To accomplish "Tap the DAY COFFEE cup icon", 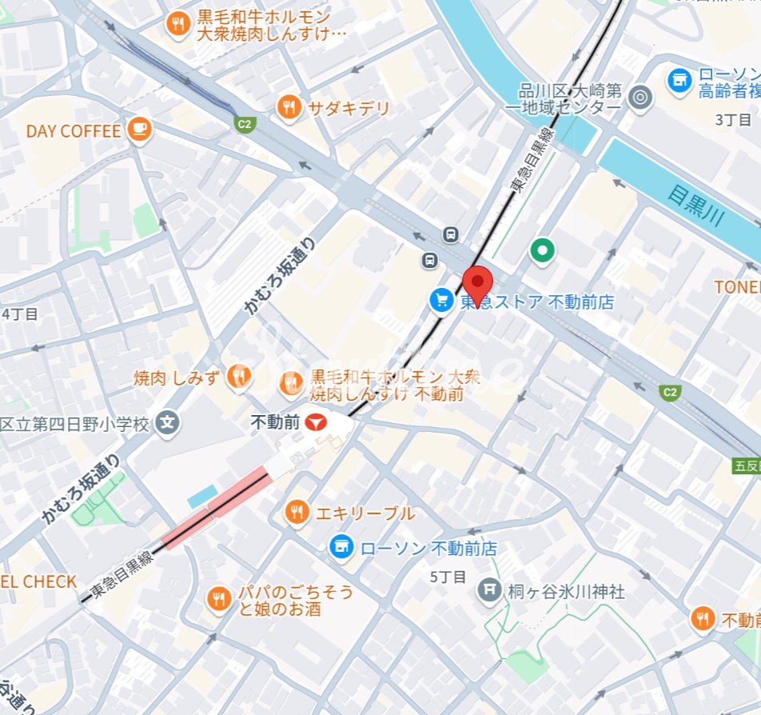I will click(139, 130).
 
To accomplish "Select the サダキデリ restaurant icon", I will click(289, 107).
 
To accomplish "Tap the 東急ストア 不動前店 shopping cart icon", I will click(441, 301).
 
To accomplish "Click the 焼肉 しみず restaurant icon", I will click(237, 375).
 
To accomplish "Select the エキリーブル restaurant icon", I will click(297, 512).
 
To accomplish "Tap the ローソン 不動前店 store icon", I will click(342, 548).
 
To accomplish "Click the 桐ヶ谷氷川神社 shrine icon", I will click(488, 592).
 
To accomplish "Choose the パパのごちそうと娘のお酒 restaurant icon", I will click(218, 598).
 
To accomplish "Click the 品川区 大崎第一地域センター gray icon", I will click(639, 98).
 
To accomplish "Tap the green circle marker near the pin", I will click(543, 251).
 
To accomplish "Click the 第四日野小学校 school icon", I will click(167, 422).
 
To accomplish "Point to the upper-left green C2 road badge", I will click(243, 124).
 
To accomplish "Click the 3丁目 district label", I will click(733, 120).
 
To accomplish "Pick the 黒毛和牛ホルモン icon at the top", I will click(177, 24).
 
